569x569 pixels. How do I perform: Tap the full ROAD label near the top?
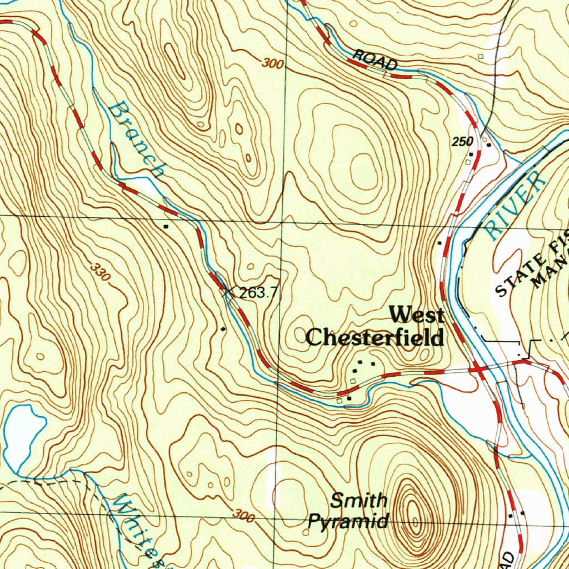click(376, 60)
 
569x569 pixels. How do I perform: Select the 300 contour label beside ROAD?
click(273, 64)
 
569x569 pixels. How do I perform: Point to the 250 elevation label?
click(462, 142)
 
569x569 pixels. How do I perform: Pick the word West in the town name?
click(416, 316)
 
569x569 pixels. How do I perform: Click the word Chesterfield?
click(375, 337)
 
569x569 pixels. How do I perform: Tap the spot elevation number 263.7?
click(258, 293)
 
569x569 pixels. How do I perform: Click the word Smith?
click(359, 501)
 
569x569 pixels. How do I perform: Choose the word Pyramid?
click(348, 522)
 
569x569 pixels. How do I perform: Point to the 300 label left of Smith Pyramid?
click(243, 516)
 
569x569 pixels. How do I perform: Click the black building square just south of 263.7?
click(223, 330)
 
